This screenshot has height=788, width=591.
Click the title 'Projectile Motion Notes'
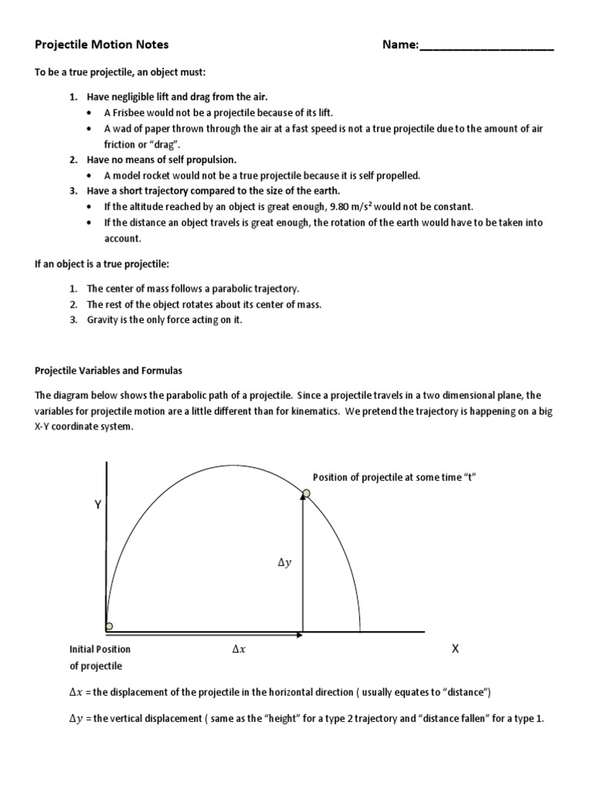(x=102, y=45)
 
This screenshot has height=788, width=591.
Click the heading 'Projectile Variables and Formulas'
(x=109, y=370)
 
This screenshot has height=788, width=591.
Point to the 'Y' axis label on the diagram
(x=98, y=505)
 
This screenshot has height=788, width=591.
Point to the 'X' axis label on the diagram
(x=455, y=649)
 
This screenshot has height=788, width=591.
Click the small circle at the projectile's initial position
(x=109, y=626)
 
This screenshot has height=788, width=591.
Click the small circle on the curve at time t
(x=306, y=492)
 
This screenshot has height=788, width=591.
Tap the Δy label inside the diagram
(x=285, y=563)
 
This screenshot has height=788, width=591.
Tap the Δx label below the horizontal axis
(x=239, y=649)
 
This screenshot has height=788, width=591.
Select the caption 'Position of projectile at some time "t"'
(x=395, y=477)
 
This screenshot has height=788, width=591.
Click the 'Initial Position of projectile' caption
(x=100, y=657)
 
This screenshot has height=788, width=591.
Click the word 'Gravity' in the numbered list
(x=103, y=319)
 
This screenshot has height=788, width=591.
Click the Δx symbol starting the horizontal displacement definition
(x=75, y=693)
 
